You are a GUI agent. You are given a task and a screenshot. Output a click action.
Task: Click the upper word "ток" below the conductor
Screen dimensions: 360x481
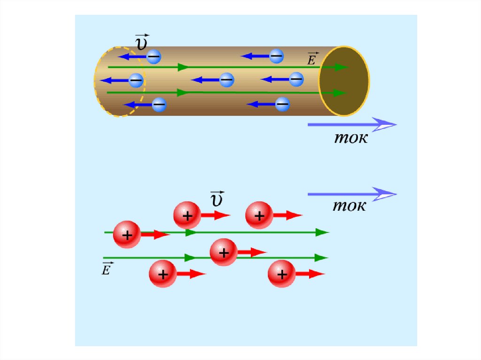(350, 138)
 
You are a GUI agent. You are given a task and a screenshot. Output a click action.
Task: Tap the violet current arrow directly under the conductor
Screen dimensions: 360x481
(352, 124)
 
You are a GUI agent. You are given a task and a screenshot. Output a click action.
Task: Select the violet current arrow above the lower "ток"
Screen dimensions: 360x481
(352, 194)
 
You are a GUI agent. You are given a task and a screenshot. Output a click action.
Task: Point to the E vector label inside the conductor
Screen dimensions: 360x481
(312, 59)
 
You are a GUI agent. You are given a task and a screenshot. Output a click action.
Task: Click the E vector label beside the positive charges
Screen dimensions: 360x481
(107, 268)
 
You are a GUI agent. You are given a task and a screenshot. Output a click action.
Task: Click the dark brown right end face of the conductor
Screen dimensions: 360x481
(344, 81)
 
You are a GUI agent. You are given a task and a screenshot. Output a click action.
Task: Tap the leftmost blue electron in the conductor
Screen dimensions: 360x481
(136, 80)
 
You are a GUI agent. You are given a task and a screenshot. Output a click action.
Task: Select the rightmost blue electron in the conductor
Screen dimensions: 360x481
(296, 79)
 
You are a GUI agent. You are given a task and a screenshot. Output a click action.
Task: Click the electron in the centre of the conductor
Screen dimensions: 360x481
(226, 79)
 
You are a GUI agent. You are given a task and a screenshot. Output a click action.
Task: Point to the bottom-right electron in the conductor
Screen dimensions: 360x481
(282, 104)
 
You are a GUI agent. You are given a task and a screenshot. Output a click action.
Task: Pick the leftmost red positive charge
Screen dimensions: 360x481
(127, 234)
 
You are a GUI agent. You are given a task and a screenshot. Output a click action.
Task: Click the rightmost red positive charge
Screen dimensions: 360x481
(282, 274)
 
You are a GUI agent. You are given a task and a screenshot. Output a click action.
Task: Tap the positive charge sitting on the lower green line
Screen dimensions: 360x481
(224, 253)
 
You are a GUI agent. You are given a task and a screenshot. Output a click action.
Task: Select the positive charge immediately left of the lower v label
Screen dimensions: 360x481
(187, 215)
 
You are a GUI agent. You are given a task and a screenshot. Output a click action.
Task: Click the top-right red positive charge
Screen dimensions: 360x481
(259, 215)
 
